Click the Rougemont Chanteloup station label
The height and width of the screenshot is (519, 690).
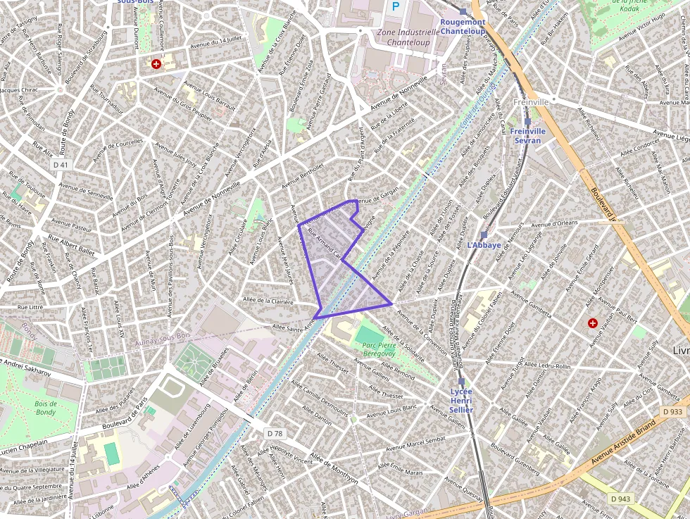[463, 26]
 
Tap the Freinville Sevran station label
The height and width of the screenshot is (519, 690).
[527, 136]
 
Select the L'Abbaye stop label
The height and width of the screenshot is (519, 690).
[484, 245]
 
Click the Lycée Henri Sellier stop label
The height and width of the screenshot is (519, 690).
[461, 400]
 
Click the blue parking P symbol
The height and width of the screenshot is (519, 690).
[396, 6]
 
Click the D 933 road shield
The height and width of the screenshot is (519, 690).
[672, 411]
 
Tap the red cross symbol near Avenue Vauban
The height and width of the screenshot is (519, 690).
[593, 323]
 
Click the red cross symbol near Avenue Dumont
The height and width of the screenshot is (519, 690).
[156, 64]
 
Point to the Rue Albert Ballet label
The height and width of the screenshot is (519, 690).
[72, 244]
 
